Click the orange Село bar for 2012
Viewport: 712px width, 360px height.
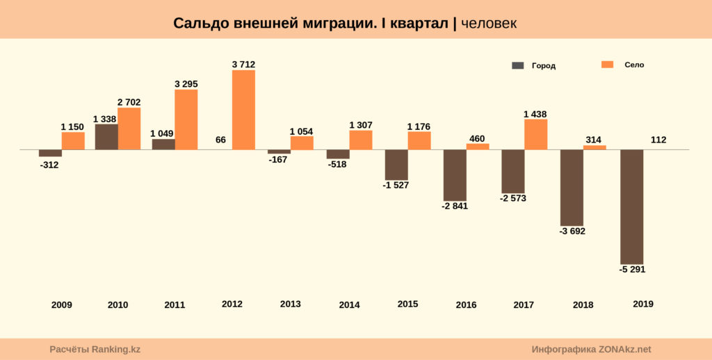243,110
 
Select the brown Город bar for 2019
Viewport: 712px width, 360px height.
631,206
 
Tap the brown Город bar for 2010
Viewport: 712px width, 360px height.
106,137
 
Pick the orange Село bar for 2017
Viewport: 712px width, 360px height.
535,134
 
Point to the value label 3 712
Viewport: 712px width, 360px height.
243,65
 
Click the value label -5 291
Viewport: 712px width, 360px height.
631,270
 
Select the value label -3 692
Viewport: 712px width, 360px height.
572,231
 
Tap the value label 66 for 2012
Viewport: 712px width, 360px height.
220,140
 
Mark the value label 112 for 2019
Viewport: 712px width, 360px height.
658,140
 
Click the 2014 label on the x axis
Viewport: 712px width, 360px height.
349,304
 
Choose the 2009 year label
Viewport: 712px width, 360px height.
61,304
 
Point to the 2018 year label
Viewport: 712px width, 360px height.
583,304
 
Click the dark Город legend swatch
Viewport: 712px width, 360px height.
517,65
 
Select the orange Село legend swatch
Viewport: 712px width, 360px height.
607,65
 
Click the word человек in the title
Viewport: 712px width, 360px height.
489,24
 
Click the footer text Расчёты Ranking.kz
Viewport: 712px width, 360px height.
95,350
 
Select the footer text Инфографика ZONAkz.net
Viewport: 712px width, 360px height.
591,350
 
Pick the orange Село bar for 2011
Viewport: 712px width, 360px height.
186,120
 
